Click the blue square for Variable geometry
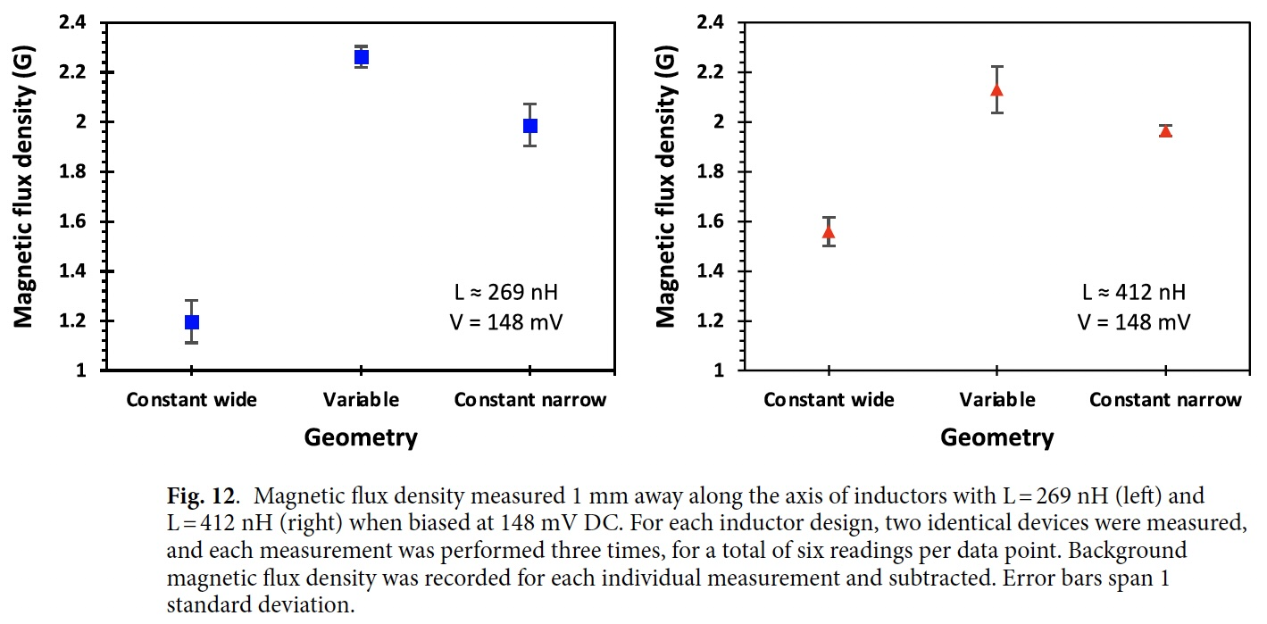pyautogui.click(x=361, y=57)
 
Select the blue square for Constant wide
pyautogui.click(x=191, y=321)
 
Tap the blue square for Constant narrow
pyautogui.click(x=530, y=126)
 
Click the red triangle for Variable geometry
pyautogui.click(x=996, y=90)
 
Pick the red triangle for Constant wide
pyautogui.click(x=829, y=233)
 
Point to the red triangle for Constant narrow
pyautogui.click(x=1165, y=131)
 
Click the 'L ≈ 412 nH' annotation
pyautogui.click(x=1134, y=292)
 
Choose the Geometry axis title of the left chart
pyautogui.click(x=361, y=437)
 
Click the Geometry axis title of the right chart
pyautogui.click(x=997, y=437)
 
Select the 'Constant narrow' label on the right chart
pyautogui.click(x=1165, y=400)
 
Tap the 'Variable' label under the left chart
pyautogui.click(x=362, y=399)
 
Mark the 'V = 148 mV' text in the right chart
pyautogui.click(x=1134, y=321)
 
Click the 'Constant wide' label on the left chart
pyautogui.click(x=191, y=399)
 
